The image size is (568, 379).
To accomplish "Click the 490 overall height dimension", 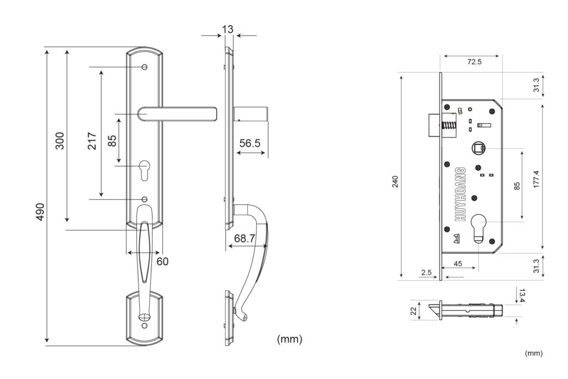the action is click(40, 211).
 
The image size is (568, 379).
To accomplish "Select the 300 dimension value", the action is click(60, 140).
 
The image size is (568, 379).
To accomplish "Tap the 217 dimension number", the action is click(92, 141).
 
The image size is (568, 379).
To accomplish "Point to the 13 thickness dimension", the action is click(228, 29).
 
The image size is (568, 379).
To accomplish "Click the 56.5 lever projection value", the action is click(250, 143).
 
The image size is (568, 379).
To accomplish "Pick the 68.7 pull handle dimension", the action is click(245, 238).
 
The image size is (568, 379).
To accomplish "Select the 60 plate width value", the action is click(163, 261).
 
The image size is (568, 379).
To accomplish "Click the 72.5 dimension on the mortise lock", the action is click(474, 62).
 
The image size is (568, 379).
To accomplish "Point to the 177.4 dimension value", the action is click(536, 179).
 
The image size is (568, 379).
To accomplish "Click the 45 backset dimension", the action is click(458, 264).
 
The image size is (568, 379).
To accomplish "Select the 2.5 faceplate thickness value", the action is click(427, 272).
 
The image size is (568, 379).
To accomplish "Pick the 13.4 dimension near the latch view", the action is click(521, 295).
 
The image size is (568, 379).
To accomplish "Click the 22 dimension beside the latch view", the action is click(414, 311).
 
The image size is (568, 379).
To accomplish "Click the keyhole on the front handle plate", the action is click(144, 171).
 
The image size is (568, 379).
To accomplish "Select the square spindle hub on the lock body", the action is click(478, 148).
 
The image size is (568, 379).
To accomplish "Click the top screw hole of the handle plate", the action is click(145, 67).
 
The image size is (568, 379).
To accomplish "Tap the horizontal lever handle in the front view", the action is click(177, 114).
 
